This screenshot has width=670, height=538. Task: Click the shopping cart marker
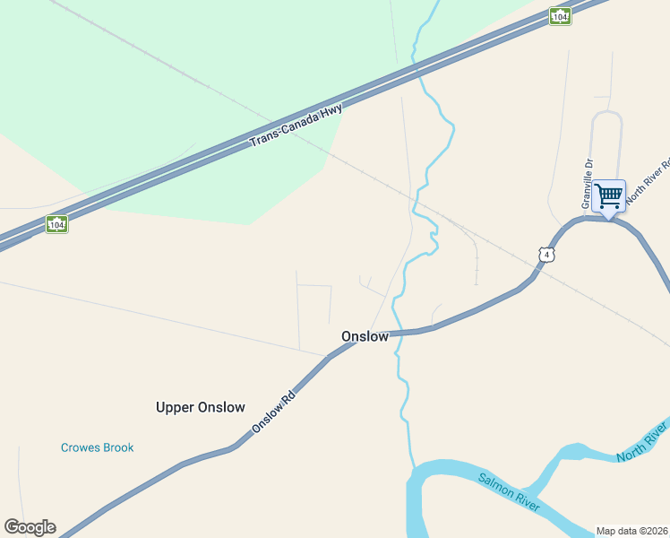[x=609, y=195]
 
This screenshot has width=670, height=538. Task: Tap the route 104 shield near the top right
[x=560, y=16]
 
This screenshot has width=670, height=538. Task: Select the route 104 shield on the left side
[x=56, y=223]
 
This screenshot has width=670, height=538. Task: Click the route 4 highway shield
[x=546, y=255]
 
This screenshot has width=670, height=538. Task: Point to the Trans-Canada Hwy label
[x=296, y=126]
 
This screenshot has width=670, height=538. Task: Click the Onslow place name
[x=365, y=336]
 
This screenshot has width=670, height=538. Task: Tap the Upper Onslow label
[x=200, y=407]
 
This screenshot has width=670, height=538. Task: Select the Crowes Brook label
[x=97, y=447]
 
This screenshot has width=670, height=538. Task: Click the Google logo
[x=30, y=527]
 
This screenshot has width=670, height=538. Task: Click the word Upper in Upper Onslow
[x=175, y=407]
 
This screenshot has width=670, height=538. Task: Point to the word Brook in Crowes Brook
[x=116, y=447]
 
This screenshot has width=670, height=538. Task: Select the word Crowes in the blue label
[x=79, y=447]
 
